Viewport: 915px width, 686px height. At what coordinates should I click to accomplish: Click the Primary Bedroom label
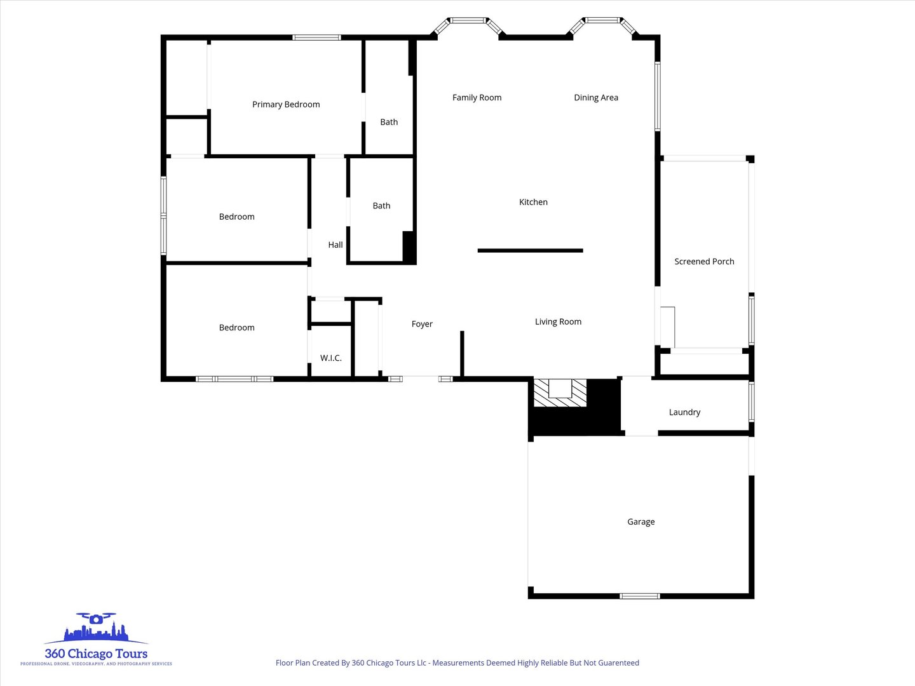click(x=286, y=105)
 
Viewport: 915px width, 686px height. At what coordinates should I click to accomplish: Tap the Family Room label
click(x=477, y=98)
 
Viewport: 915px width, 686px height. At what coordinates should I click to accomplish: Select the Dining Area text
click(x=595, y=98)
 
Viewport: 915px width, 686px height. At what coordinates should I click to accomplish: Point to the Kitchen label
click(x=533, y=202)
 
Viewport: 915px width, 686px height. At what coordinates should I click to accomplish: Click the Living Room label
click(x=558, y=322)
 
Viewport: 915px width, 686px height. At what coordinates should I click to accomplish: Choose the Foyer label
click(x=422, y=324)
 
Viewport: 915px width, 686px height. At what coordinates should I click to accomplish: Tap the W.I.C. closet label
click(x=330, y=358)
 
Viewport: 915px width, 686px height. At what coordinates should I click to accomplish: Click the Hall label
click(x=335, y=245)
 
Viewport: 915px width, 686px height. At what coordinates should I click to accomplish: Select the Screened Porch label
click(x=704, y=262)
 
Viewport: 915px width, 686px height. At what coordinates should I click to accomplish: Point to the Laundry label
click(x=684, y=412)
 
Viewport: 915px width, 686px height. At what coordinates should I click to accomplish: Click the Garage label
click(x=640, y=522)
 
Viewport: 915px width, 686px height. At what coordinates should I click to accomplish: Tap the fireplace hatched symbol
click(x=560, y=393)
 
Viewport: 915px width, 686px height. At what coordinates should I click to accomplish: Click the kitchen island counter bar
click(x=530, y=251)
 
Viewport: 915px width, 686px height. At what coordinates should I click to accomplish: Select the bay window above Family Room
click(x=468, y=24)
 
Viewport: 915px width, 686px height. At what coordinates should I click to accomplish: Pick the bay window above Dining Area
click(x=602, y=24)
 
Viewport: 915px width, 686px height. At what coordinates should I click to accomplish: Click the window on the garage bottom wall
click(x=640, y=596)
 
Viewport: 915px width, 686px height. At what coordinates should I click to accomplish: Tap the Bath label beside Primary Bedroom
click(x=389, y=122)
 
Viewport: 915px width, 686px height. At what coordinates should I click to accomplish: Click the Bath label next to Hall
click(x=381, y=206)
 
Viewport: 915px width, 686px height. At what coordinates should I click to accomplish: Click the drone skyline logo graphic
click(x=96, y=629)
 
